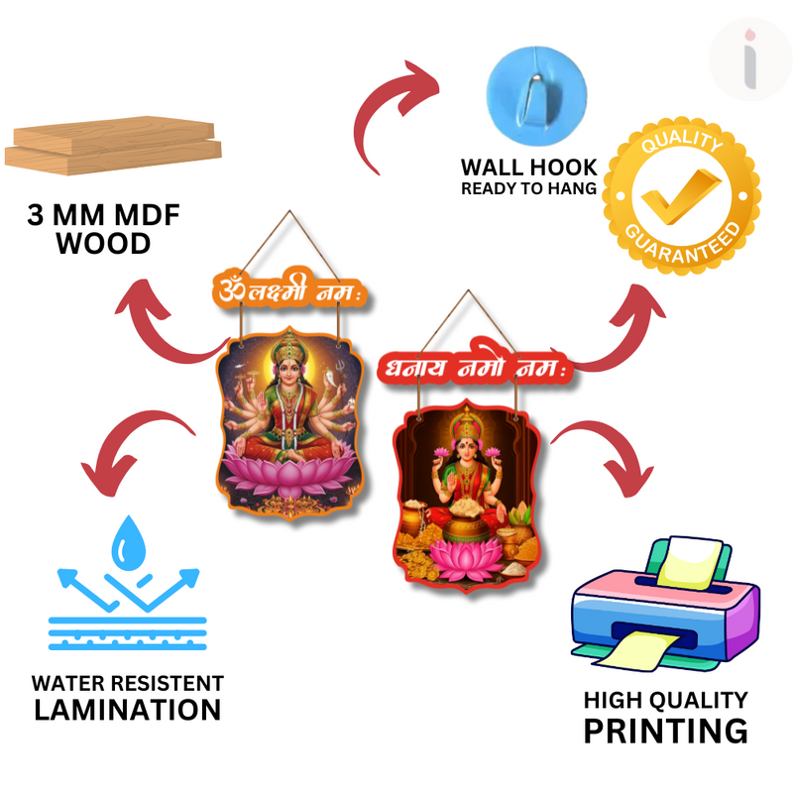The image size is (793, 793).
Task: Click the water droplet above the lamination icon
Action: click(127, 539)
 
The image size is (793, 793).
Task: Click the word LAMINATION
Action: click(127, 710)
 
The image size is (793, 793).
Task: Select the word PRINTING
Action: click(665, 732)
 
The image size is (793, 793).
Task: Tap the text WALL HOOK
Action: click(528, 167)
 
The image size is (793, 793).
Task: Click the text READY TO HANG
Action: click(528, 188)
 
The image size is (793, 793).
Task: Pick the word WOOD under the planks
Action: click(103, 244)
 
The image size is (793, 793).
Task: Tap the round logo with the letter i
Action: click(750, 58)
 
